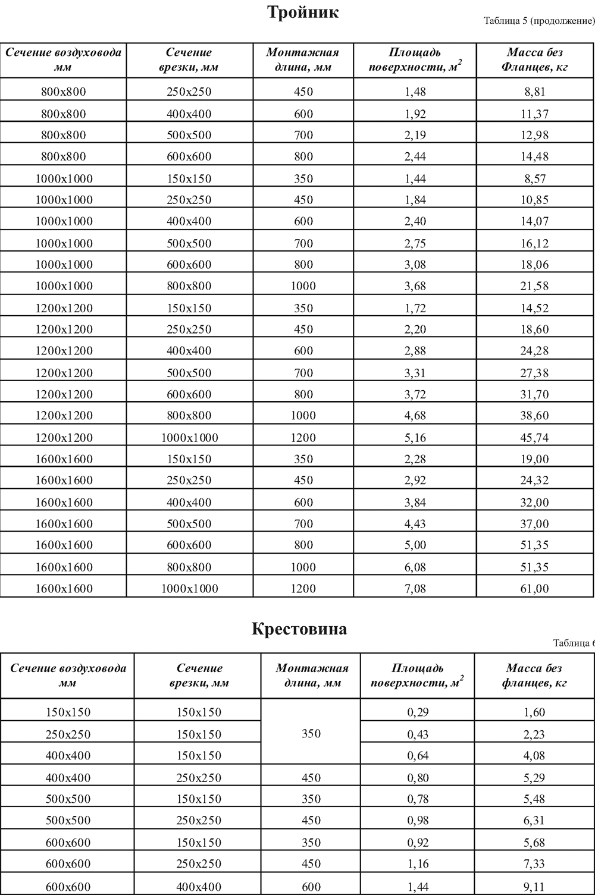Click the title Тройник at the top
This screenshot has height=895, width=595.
click(x=303, y=13)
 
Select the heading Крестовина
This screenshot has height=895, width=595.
click(x=299, y=629)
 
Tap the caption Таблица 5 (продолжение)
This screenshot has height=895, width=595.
click(x=539, y=22)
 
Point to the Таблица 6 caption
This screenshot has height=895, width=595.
click(x=574, y=643)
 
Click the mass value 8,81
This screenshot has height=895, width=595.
click(x=534, y=92)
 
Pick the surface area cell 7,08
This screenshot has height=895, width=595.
click(x=415, y=589)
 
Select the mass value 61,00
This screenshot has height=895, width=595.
click(x=534, y=589)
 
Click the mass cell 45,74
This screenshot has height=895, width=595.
click(x=534, y=438)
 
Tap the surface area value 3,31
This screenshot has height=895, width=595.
click(x=415, y=373)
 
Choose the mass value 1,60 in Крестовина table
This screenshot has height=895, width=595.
click(x=534, y=712)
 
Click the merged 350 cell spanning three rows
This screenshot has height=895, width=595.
click(x=311, y=733)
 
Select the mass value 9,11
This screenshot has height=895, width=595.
click(x=534, y=887)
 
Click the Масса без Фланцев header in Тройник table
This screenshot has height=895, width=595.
click(x=534, y=60)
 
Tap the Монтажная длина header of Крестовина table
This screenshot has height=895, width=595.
click(x=311, y=676)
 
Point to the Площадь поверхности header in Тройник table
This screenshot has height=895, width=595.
click(x=415, y=60)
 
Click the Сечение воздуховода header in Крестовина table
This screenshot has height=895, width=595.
click(x=68, y=676)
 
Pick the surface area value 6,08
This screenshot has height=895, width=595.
click(x=415, y=567)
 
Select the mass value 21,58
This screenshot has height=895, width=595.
click(x=534, y=286)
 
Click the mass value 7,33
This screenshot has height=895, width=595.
click(x=534, y=863)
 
